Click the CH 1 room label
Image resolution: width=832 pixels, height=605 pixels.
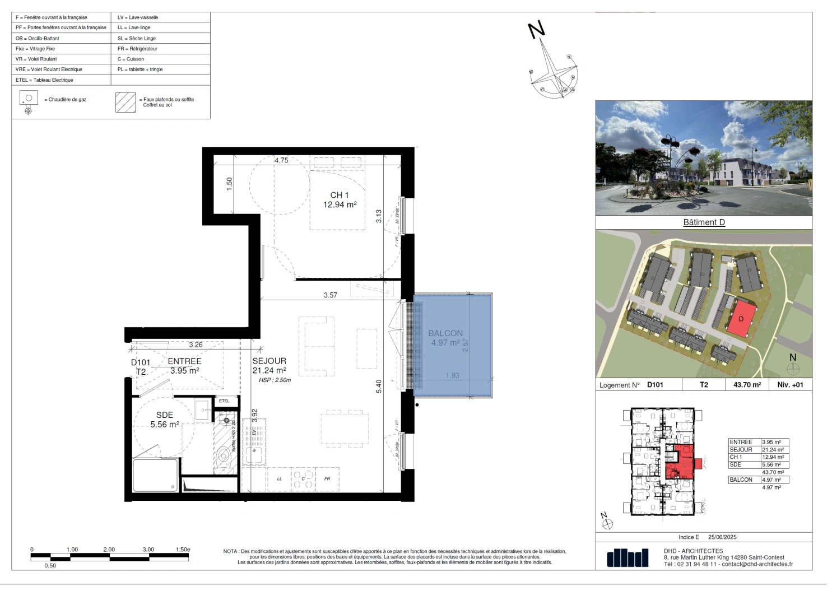[x=340, y=200]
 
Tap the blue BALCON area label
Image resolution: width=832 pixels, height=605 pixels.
[x=445, y=338]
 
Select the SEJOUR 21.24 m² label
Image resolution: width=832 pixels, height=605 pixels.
[x=269, y=365]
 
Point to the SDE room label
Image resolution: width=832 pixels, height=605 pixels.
[x=165, y=420]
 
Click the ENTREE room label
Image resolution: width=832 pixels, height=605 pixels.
[x=184, y=366]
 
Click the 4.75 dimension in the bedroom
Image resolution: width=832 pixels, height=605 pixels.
[x=281, y=160]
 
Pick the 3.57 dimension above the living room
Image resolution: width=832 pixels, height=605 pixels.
[x=331, y=295]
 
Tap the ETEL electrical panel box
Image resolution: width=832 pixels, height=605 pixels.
[x=224, y=401]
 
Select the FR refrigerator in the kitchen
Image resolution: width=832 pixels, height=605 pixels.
[x=327, y=479]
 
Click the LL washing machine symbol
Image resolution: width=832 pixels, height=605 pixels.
[x=279, y=479]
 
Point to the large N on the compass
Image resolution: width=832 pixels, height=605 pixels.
[x=537, y=30]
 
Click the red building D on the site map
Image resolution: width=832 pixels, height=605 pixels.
[x=742, y=319]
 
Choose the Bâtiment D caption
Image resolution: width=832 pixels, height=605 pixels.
[x=704, y=222]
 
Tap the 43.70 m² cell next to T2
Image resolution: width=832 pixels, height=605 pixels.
[x=747, y=385]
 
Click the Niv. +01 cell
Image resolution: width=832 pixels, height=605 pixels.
[x=790, y=385]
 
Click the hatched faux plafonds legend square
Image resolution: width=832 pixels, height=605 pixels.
[x=126, y=103]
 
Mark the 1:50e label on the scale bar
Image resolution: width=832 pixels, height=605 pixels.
[x=183, y=550]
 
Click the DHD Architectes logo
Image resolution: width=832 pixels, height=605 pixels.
[x=628, y=558]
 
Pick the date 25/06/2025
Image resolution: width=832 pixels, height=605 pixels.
[x=722, y=537]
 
